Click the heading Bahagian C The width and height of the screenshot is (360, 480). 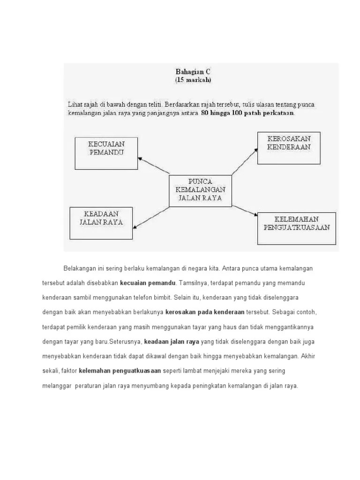(x=194, y=72)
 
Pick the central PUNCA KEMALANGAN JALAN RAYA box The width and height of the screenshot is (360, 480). (x=200, y=189)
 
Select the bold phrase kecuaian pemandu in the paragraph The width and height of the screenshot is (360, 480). (x=148, y=283)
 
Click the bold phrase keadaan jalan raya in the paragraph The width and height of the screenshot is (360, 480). (x=172, y=341)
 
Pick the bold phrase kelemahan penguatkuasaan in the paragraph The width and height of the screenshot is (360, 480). (x=120, y=371)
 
